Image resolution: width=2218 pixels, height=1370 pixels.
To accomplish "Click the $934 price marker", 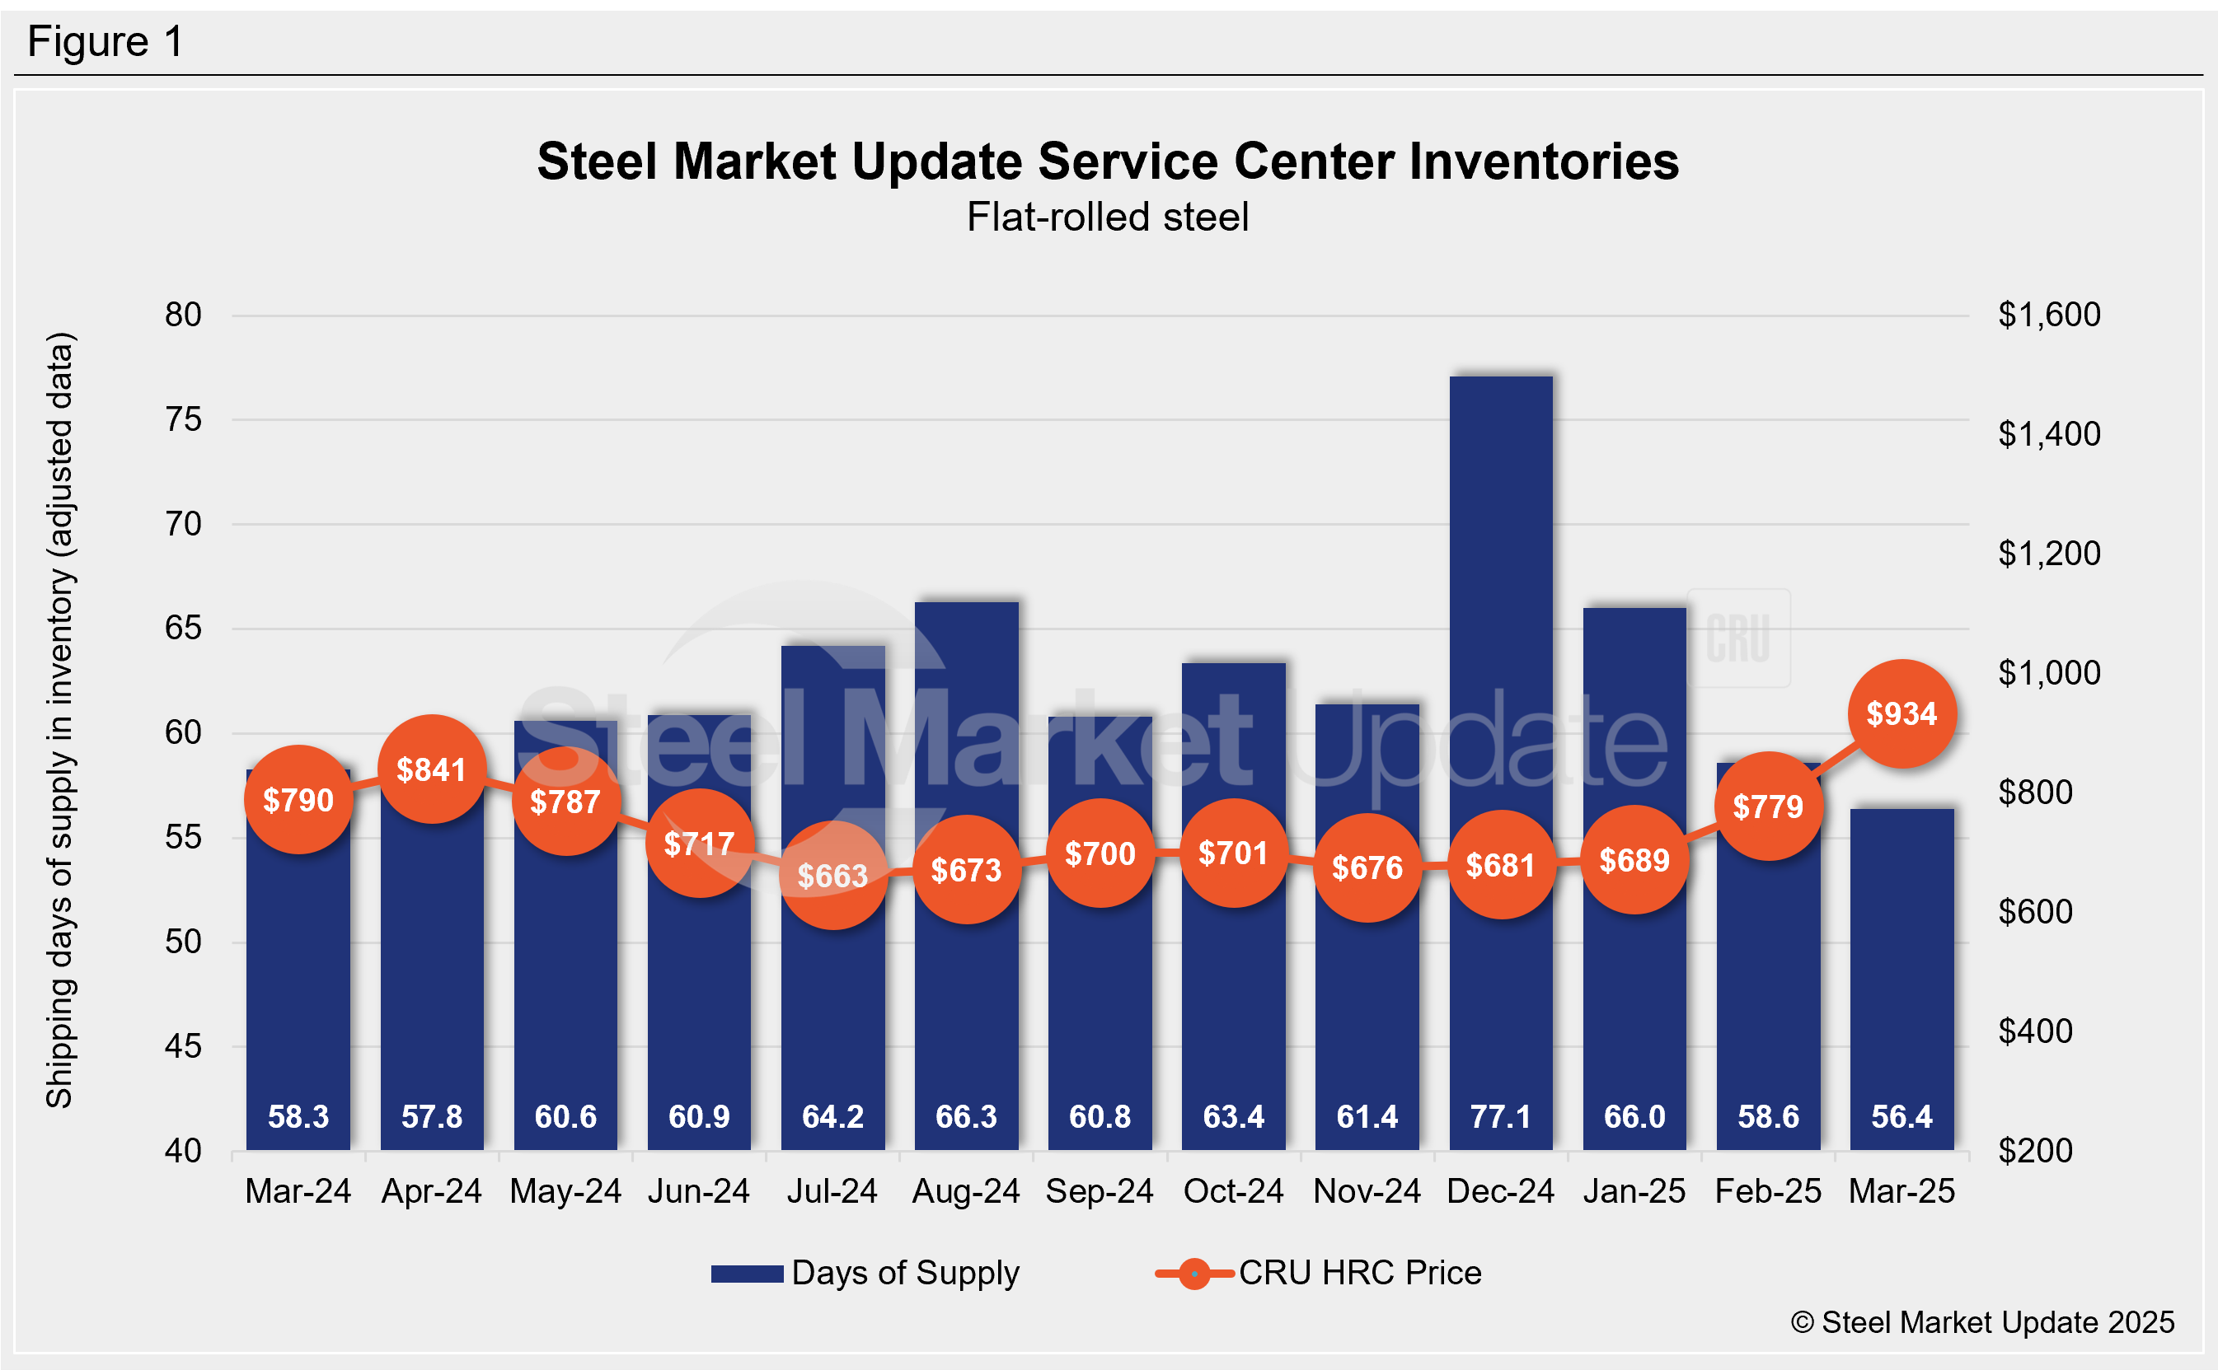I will click(1901, 714).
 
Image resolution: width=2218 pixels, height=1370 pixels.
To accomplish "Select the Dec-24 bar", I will click(1500, 634).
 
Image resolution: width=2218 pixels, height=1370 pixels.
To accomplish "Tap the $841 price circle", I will click(431, 769).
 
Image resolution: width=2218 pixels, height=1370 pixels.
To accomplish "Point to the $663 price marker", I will click(833, 875).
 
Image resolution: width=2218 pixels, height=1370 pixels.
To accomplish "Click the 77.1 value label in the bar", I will click(1500, 1116).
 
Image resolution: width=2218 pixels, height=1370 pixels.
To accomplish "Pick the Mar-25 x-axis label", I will click(1901, 1191).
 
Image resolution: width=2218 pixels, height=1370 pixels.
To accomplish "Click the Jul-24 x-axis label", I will click(832, 1191).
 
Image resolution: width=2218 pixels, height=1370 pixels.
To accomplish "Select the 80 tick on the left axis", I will click(183, 315).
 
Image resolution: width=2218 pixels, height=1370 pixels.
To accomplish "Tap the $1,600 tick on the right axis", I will click(2048, 315).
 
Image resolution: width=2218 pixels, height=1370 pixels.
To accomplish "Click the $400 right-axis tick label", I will click(2035, 1031).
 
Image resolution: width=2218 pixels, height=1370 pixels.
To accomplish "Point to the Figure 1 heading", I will click(106, 42).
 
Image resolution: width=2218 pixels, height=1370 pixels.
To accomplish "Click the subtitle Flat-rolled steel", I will click(1108, 217).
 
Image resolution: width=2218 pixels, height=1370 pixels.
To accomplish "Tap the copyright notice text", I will click(1982, 1323).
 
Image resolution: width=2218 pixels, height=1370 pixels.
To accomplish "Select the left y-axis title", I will click(60, 720).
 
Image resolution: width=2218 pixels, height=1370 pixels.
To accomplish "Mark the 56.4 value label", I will click(1901, 1116).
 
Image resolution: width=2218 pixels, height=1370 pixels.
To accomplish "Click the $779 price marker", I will click(1767, 807).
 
